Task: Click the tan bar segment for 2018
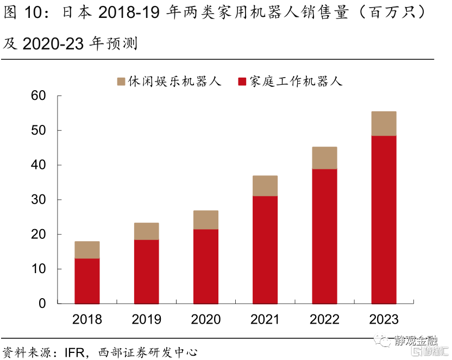point(87,250)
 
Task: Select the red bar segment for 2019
point(146,271)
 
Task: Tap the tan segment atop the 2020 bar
point(205,220)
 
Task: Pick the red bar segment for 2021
point(265,250)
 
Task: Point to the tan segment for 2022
point(324,158)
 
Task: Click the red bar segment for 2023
point(384,219)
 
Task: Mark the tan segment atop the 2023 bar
point(384,124)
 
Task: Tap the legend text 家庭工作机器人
point(296,82)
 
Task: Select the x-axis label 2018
point(87,319)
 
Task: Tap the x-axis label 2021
point(265,319)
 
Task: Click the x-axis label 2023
point(384,319)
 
